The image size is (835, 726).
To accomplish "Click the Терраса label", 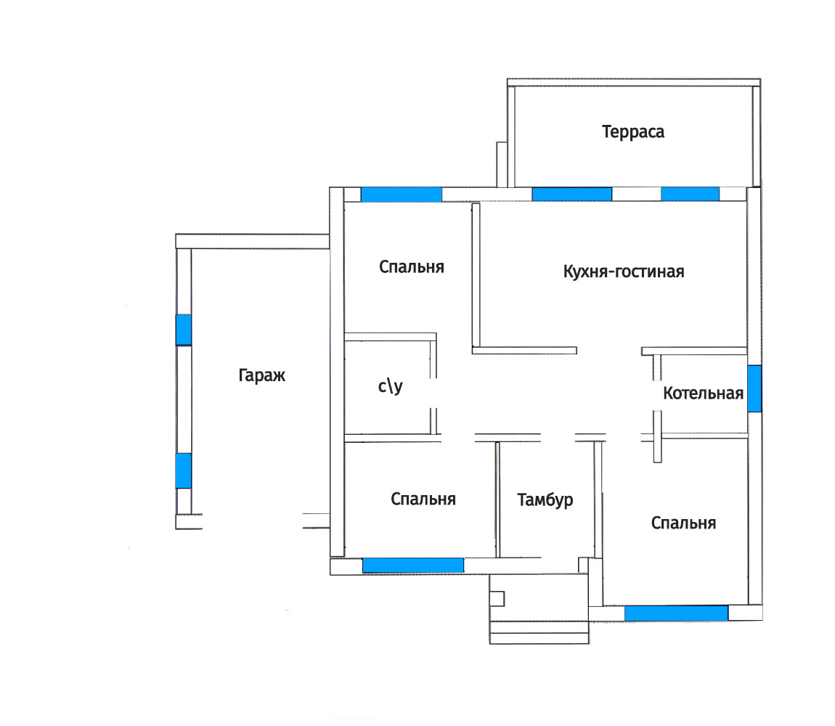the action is coord(632,131).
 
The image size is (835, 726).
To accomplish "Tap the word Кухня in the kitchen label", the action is coord(585,272).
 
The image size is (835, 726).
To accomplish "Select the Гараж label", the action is coord(261,375).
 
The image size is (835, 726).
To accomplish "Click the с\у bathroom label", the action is coord(391,386).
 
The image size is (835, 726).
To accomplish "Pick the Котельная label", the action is coord(703,393).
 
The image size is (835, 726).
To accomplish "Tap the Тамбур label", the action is coord(545,499).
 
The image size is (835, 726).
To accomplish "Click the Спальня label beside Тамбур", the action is coord(423,499).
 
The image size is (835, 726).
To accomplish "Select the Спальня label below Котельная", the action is coord(683,523).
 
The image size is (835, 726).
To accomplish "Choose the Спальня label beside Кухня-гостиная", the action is coord(411,267).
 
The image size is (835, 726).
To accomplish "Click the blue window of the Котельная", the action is coord(754,388).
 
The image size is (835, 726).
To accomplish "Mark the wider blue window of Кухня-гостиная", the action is coord(572,194).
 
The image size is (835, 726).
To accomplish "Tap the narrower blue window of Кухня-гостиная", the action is coord(691,194).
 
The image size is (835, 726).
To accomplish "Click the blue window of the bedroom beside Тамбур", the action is coord(413,565).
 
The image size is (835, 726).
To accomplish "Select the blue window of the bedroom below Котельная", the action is coord(676,613).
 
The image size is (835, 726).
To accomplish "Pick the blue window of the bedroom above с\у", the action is coord(402,195).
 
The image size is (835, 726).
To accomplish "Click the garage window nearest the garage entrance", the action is coord(183,470).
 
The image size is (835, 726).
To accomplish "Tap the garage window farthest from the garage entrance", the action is coord(183,330).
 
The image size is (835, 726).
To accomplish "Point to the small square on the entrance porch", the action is coord(497,599).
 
